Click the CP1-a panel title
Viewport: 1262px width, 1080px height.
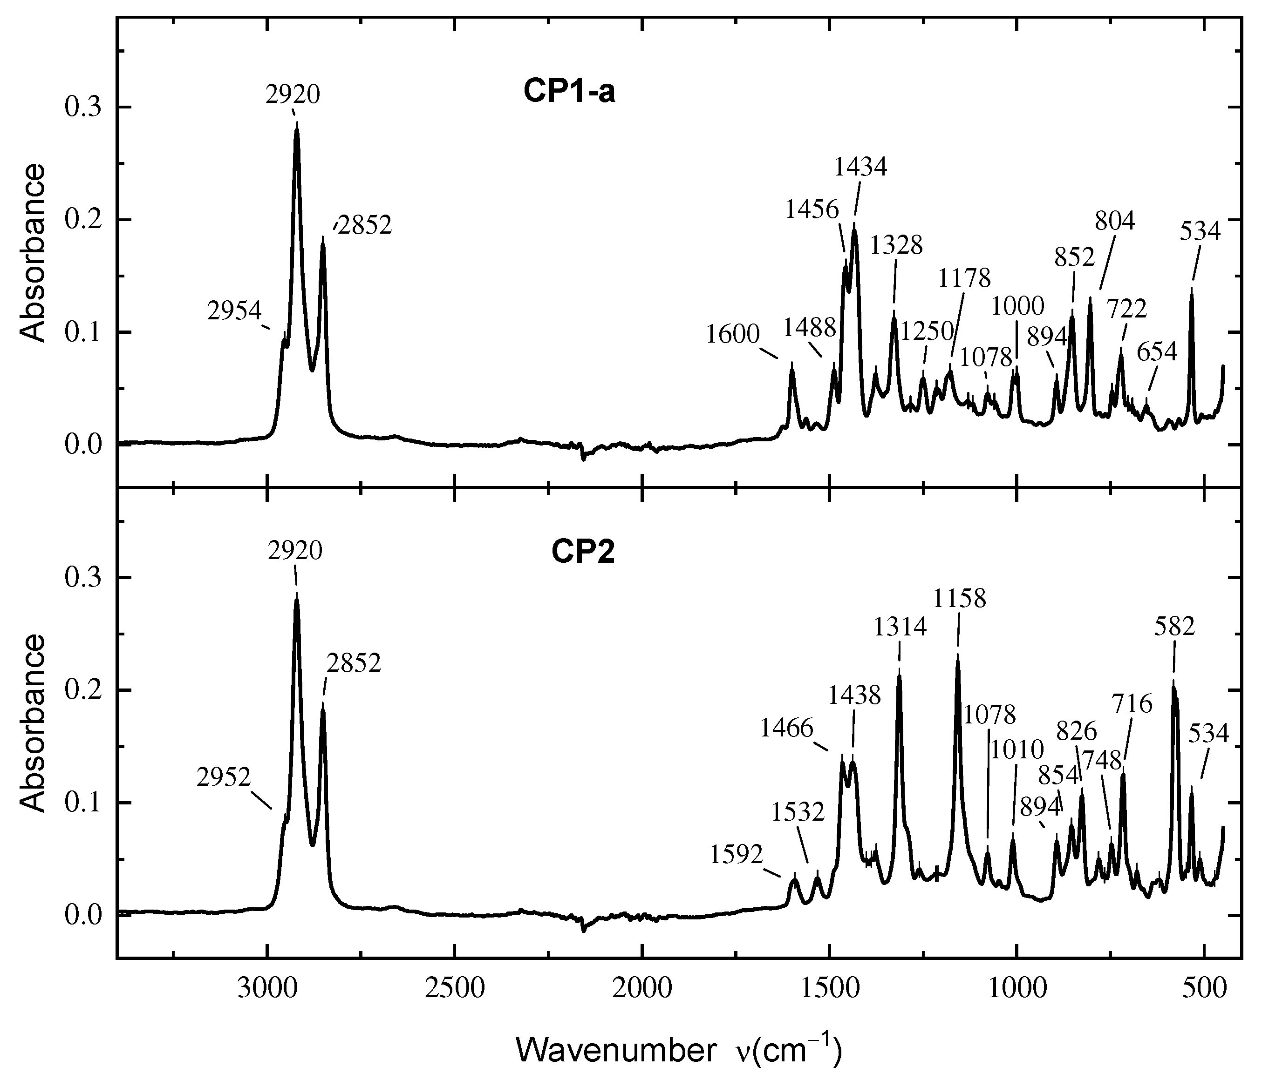[569, 93]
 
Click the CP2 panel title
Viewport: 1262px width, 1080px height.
[583, 553]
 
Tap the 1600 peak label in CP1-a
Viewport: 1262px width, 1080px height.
[733, 334]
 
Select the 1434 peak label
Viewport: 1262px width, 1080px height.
[860, 166]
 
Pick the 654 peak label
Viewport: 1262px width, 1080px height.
[1157, 352]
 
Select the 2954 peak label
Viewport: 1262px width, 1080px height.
[234, 311]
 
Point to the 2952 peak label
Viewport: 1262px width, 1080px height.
[224, 777]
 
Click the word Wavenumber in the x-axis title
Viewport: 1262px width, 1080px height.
[616, 1050]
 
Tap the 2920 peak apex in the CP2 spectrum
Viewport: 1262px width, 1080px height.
[297, 600]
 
